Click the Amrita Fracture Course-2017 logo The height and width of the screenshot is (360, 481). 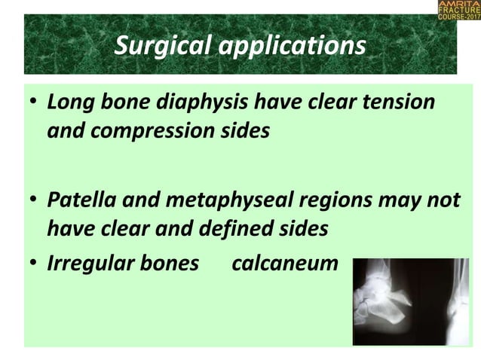point(458,11)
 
